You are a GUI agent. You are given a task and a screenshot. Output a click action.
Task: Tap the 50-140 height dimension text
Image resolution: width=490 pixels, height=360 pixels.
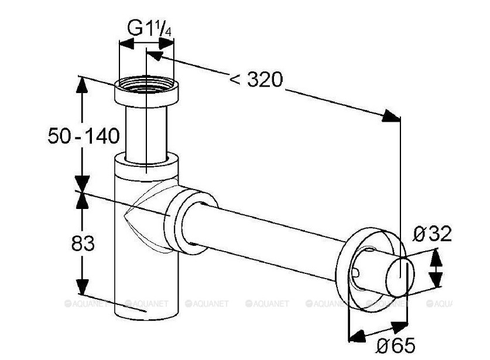pos(83,136)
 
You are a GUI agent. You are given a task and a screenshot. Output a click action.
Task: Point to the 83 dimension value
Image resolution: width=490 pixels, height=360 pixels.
pos(83,243)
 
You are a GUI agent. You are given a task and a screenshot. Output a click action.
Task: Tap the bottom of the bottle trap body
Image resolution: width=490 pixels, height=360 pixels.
pos(143,304)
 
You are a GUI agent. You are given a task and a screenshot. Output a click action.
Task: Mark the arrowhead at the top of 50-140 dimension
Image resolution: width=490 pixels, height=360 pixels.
pos(83,84)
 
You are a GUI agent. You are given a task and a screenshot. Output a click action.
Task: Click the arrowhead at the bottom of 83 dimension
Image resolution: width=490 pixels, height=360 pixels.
pos(83,287)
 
